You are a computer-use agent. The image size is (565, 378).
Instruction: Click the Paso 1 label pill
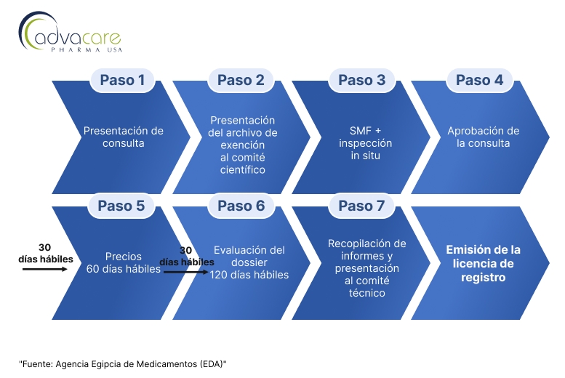[122, 80]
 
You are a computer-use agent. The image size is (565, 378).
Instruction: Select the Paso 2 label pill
[241, 80]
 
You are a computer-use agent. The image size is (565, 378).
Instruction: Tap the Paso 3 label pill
[362, 80]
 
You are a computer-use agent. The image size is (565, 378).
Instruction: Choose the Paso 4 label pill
[480, 80]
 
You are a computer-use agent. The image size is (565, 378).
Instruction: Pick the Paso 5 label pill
[121, 206]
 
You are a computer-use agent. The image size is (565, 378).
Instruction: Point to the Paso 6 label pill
[241, 206]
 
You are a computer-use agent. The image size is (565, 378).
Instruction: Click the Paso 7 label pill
[361, 206]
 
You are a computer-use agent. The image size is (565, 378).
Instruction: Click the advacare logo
[70, 32]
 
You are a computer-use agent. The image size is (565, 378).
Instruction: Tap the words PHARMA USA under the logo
[87, 49]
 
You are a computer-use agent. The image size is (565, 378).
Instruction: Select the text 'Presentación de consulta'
[123, 137]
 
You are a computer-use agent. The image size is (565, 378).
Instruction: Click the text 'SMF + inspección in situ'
[365, 143]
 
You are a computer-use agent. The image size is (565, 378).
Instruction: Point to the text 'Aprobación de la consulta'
[484, 137]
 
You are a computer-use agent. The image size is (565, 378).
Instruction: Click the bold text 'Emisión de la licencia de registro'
[484, 263]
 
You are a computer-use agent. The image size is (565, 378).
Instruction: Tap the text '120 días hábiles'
[249, 275]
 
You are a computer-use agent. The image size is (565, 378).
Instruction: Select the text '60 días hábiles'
[123, 269]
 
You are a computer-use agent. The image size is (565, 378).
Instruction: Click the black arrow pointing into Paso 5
[45, 269]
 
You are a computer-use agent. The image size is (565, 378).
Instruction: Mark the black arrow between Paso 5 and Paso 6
[186, 272]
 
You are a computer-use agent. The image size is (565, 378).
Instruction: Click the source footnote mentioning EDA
[123, 364]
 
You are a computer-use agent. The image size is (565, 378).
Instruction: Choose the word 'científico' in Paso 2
[242, 169]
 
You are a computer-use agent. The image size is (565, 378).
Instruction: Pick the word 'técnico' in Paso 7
[366, 293]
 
